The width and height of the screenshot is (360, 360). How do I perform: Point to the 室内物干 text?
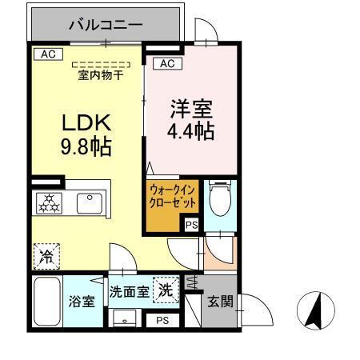click(100, 76)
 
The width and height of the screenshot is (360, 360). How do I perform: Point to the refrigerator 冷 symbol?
click(46, 255)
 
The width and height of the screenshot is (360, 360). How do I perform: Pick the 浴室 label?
click(82, 302)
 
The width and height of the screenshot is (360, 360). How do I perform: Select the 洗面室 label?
click(129, 291)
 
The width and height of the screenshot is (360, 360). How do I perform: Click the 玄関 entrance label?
click(220, 302)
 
